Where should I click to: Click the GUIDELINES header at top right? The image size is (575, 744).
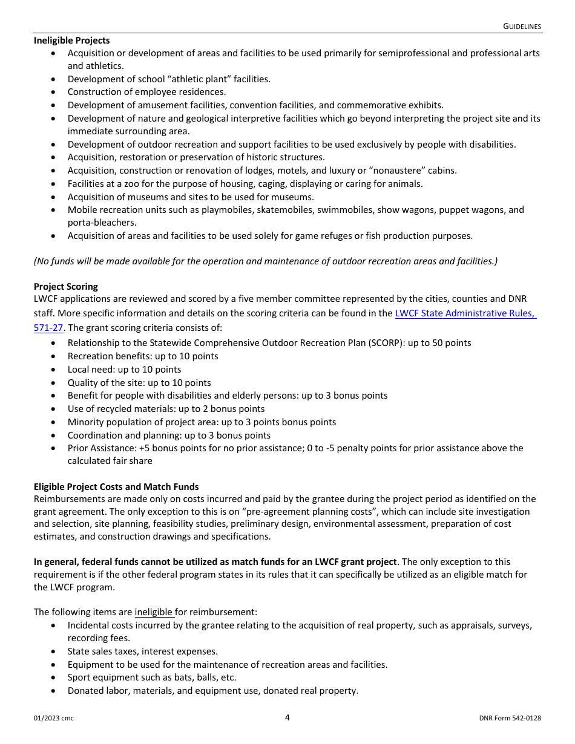(x=522, y=27)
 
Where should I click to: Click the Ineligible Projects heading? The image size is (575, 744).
(x=71, y=41)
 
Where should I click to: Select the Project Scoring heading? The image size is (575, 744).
(x=65, y=287)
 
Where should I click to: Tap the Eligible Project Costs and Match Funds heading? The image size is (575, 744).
(x=116, y=487)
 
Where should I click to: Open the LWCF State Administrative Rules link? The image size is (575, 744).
(x=465, y=313)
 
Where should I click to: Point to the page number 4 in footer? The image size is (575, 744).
(x=287, y=717)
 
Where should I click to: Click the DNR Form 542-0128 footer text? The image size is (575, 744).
(x=510, y=719)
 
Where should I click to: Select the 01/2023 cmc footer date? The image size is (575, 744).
(x=54, y=719)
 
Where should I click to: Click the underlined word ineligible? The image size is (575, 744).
(x=154, y=612)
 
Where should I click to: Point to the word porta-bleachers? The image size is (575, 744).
(x=102, y=223)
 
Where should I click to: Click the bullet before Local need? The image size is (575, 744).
(x=54, y=370)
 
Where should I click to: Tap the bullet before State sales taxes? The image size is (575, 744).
(x=54, y=651)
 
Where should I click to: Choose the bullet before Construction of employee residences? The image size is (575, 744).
(x=54, y=92)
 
